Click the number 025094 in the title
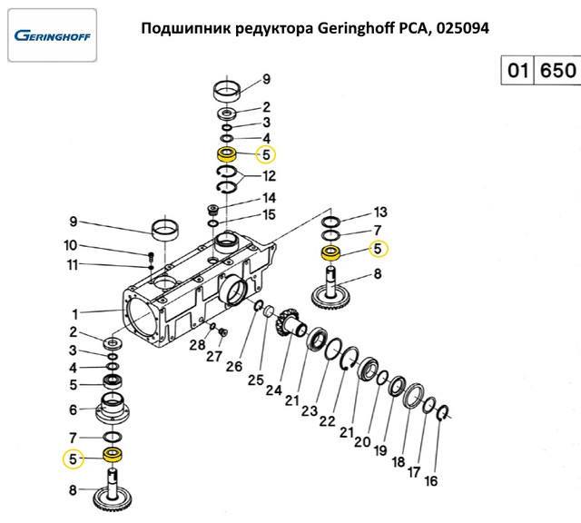click(x=462, y=29)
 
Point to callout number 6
click(x=74, y=410)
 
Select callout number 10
click(x=71, y=245)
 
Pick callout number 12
click(x=269, y=175)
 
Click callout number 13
click(x=380, y=212)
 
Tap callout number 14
click(x=269, y=197)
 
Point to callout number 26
click(x=233, y=367)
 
